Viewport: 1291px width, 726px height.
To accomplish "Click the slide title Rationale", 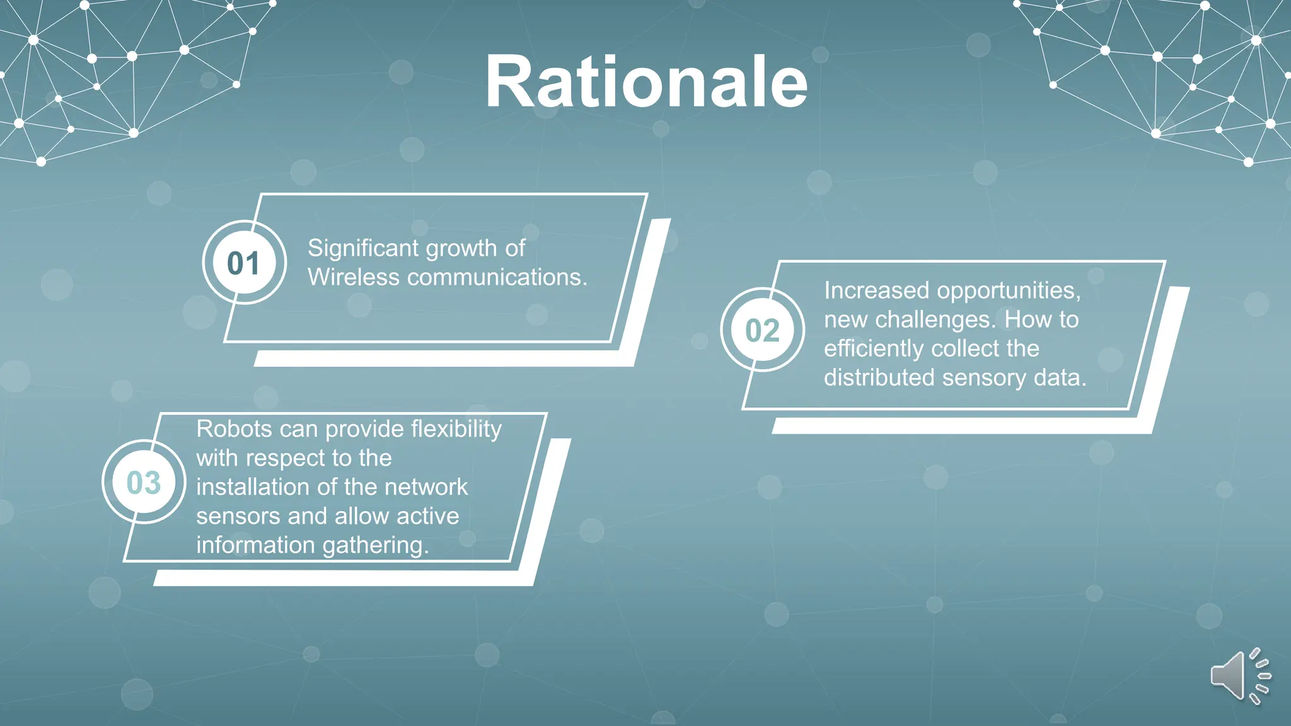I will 646,83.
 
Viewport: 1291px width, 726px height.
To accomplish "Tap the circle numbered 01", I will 244,263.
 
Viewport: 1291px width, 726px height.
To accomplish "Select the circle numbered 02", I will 762,330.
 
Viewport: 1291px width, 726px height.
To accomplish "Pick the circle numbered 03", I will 144,483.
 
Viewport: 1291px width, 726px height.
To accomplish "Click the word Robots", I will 234,429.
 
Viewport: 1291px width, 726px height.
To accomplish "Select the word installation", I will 252,487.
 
